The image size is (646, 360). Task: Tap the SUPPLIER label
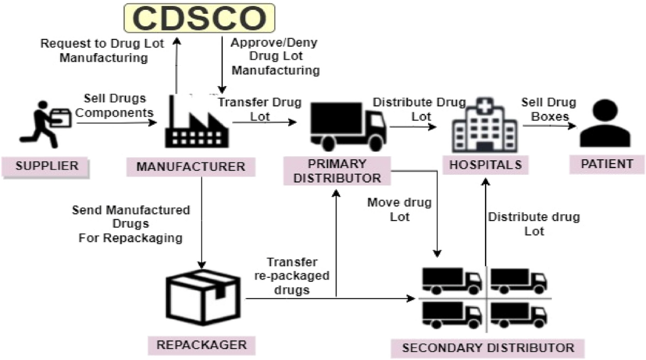point(47,165)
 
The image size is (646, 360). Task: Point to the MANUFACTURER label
point(191,166)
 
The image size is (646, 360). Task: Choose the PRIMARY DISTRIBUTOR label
point(336,171)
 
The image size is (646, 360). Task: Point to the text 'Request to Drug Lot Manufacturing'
point(95,51)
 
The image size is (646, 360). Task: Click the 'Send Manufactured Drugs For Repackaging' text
point(131,223)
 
